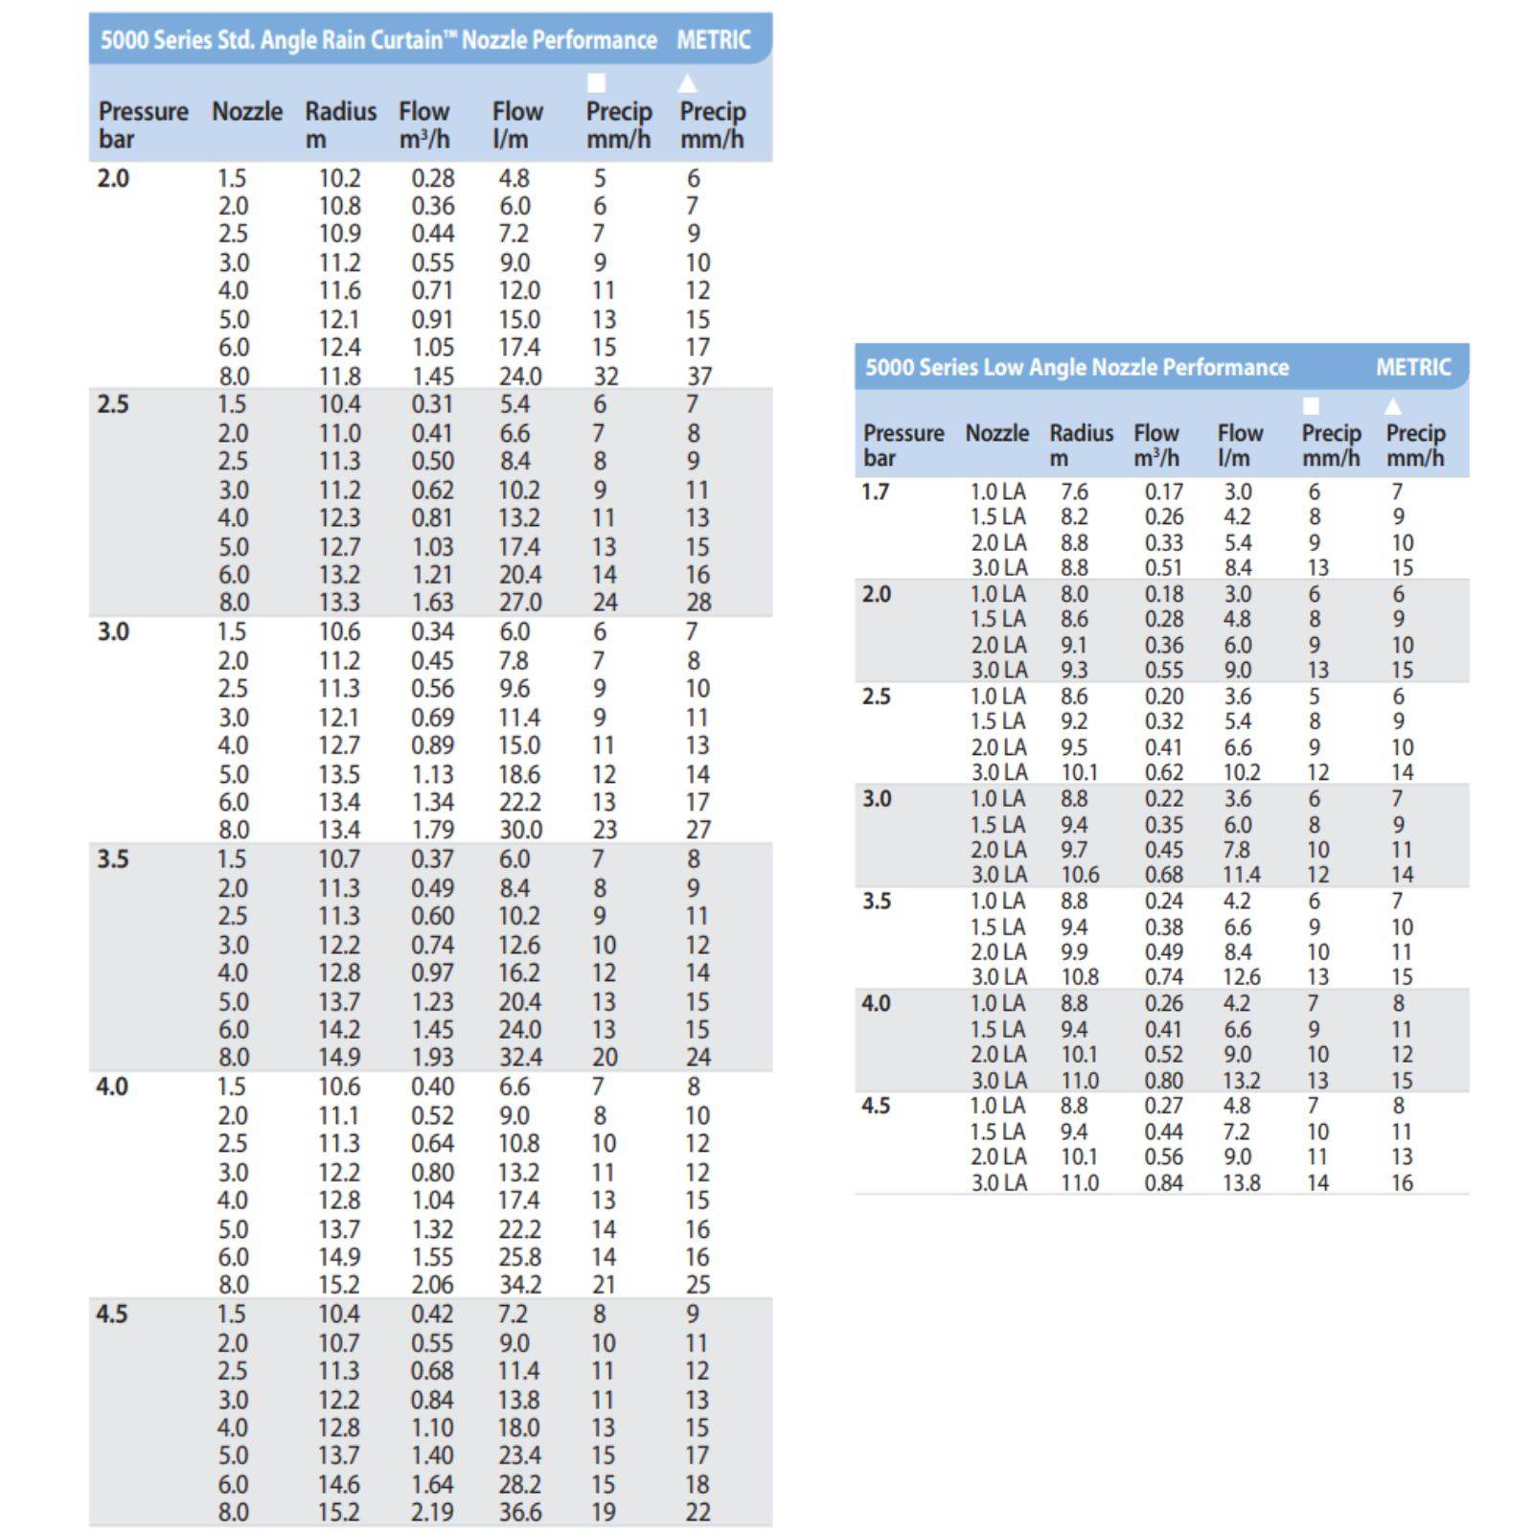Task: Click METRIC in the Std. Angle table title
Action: [713, 40]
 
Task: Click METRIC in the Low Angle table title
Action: [1413, 367]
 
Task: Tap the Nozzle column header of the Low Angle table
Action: [996, 433]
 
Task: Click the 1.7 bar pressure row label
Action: [876, 492]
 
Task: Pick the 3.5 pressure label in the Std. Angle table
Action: [113, 858]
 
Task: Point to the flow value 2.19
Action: [432, 1512]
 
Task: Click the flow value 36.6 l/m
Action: [519, 1512]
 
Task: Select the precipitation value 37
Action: [699, 377]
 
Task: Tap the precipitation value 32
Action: [606, 377]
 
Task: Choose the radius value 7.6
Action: [1074, 492]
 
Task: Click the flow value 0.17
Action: [1163, 492]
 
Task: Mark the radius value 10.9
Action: [339, 234]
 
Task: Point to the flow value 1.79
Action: [432, 830]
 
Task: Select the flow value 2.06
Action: [432, 1285]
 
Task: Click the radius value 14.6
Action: [339, 1484]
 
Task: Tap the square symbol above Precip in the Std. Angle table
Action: [596, 83]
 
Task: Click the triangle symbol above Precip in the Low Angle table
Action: [1393, 406]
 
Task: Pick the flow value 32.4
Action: [519, 1058]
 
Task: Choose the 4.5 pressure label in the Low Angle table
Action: [876, 1106]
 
